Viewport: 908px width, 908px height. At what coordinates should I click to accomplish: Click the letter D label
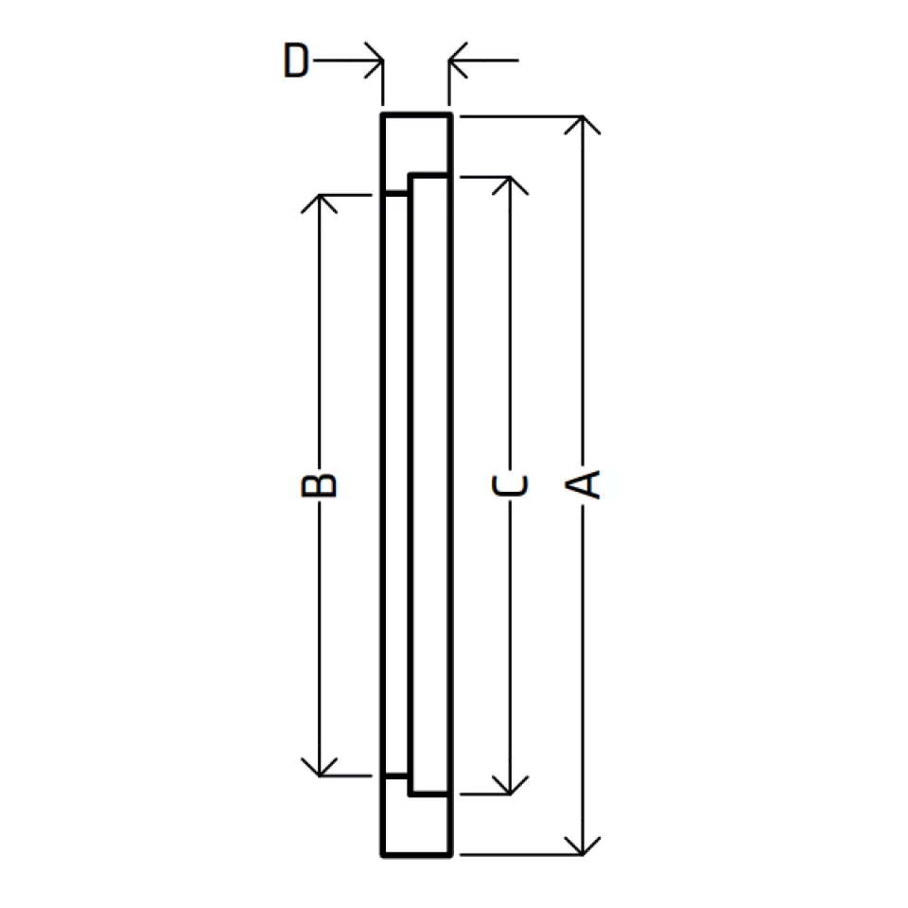point(296,60)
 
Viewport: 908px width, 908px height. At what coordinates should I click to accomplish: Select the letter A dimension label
point(583,484)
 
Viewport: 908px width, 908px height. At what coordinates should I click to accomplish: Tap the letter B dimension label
point(319,485)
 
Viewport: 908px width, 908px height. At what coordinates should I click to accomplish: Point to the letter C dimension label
point(510,485)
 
